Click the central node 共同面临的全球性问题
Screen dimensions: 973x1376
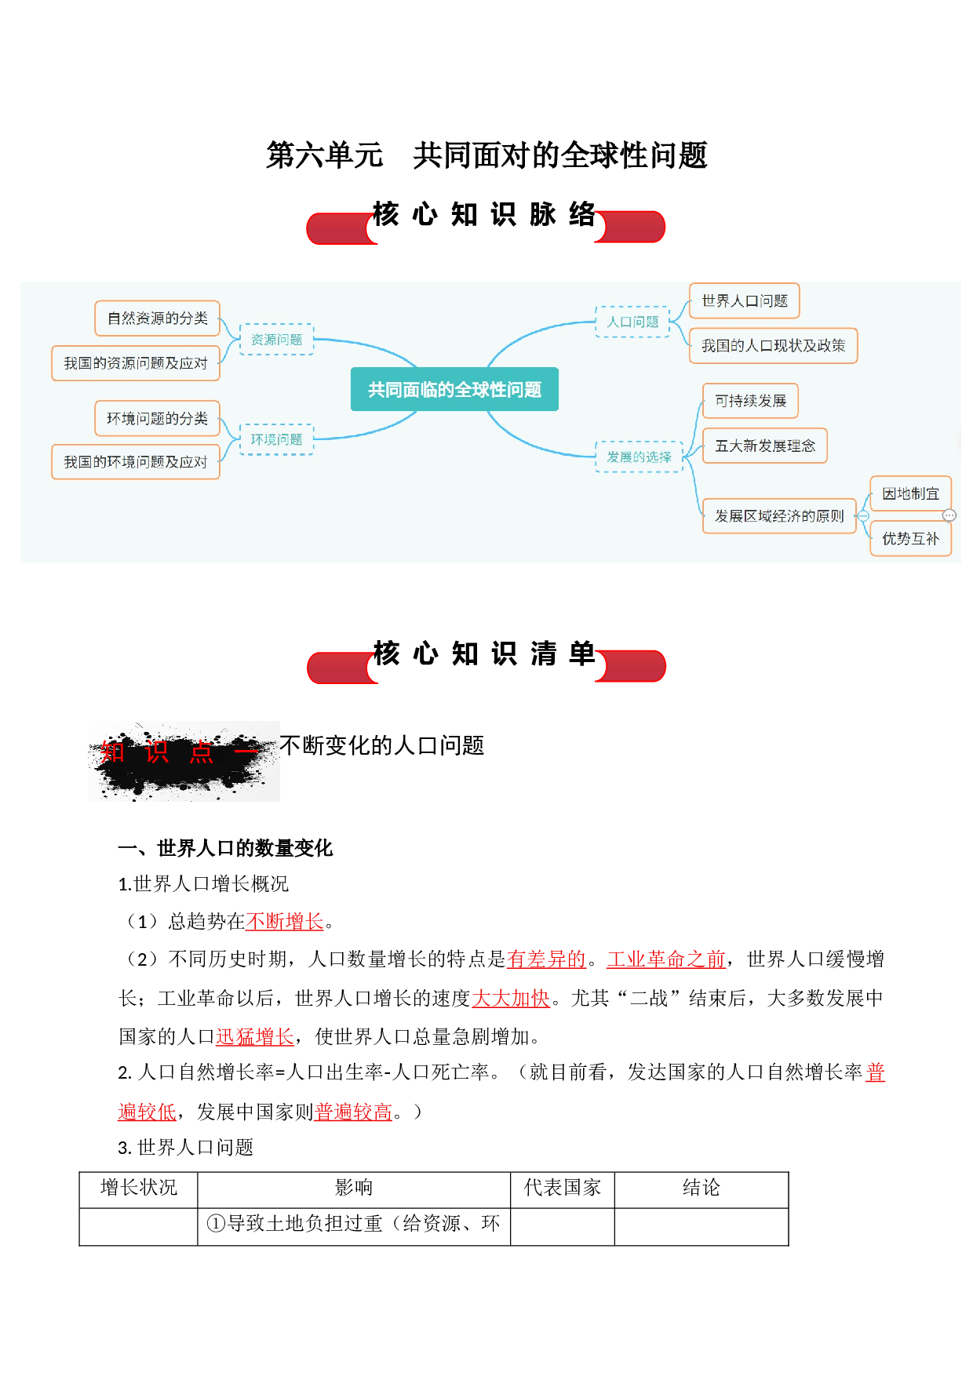(x=454, y=389)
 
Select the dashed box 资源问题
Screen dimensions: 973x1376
(x=276, y=339)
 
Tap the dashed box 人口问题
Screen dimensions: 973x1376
(x=632, y=322)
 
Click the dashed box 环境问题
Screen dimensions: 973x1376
(x=276, y=439)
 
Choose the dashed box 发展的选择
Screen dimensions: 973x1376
(x=640, y=457)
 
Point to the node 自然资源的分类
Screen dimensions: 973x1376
(x=158, y=318)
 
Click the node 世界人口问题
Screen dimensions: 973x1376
(x=745, y=300)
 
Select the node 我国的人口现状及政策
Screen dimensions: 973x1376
(x=774, y=346)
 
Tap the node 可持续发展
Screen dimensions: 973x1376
(x=751, y=401)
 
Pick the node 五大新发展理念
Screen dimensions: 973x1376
(x=765, y=446)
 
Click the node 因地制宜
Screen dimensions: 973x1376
(x=911, y=493)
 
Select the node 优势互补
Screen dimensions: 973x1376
(x=911, y=539)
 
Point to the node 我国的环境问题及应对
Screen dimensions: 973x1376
(x=136, y=462)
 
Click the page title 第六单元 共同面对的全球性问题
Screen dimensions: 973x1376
(x=486, y=155)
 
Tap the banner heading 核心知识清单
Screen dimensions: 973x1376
(x=485, y=653)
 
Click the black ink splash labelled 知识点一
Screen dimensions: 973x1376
(x=184, y=760)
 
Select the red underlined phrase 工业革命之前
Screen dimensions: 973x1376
(x=666, y=959)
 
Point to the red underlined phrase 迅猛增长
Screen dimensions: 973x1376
(x=255, y=1037)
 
